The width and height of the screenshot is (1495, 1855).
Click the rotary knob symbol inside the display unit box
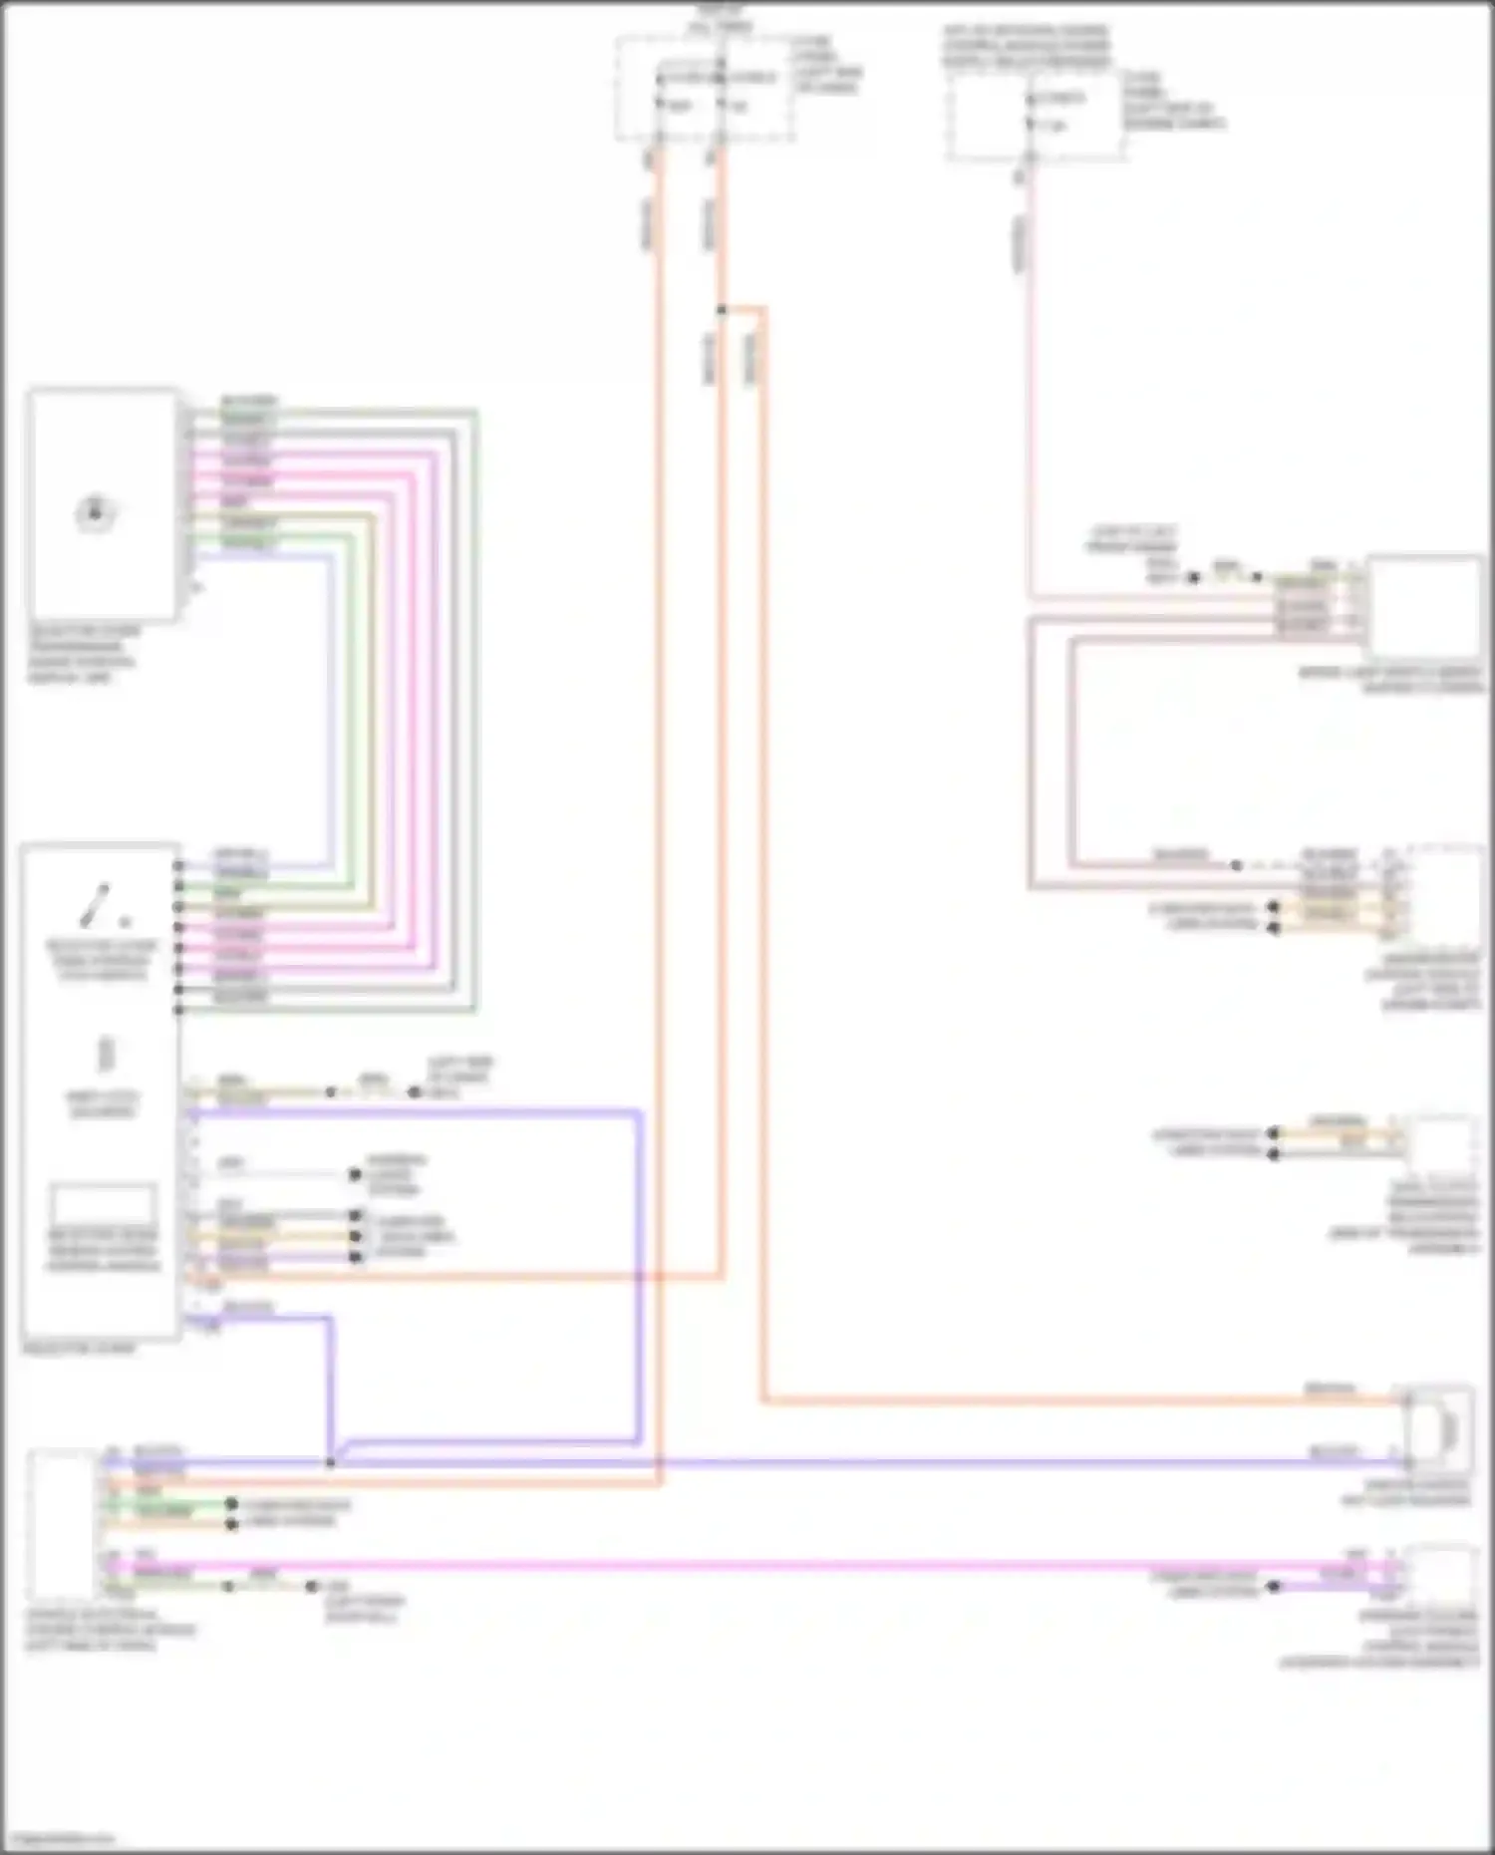tap(96, 512)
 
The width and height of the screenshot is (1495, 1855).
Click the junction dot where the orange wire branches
tap(722, 310)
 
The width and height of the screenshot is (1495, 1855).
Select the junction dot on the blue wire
tap(330, 1462)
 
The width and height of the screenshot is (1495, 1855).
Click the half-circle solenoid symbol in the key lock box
tap(1444, 1431)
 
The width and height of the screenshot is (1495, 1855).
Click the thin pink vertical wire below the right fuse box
tap(1030, 399)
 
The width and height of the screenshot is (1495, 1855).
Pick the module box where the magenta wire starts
tap(62, 1525)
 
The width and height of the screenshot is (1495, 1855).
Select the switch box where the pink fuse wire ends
tap(1424, 608)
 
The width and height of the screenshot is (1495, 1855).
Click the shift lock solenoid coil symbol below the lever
tap(106, 1054)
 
